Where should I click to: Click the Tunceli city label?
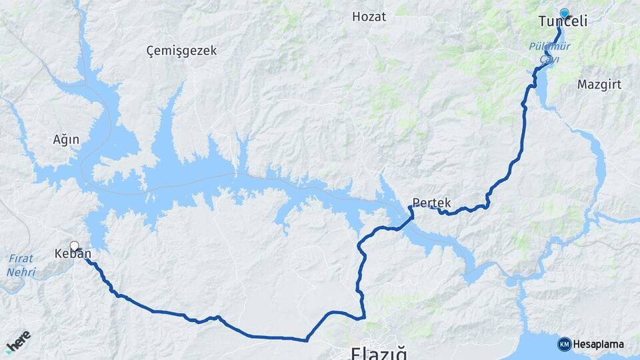pyautogui.click(x=563, y=21)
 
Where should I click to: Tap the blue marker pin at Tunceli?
pyautogui.click(x=565, y=13)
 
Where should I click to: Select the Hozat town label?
pyautogui.click(x=369, y=17)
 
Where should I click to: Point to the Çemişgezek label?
pyautogui.click(x=181, y=51)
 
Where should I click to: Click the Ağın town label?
pyautogui.click(x=66, y=140)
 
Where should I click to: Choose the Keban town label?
pyautogui.click(x=73, y=254)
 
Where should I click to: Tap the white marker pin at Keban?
pyautogui.click(x=74, y=246)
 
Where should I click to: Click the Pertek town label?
pyautogui.click(x=431, y=203)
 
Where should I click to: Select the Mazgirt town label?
pyautogui.click(x=581, y=85)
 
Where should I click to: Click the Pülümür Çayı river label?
pyautogui.click(x=545, y=53)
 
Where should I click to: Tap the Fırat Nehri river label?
pyautogui.click(x=21, y=265)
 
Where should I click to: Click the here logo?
pyautogui.click(x=18, y=342)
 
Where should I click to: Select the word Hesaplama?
pyautogui.click(x=599, y=345)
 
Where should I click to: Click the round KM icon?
pyautogui.click(x=565, y=345)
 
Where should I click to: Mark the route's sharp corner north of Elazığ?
pyautogui.click(x=365, y=318)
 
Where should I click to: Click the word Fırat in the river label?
pyautogui.click(x=21, y=259)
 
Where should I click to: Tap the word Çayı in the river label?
pyautogui.click(x=545, y=59)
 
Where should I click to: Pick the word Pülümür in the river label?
pyautogui.click(x=545, y=47)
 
